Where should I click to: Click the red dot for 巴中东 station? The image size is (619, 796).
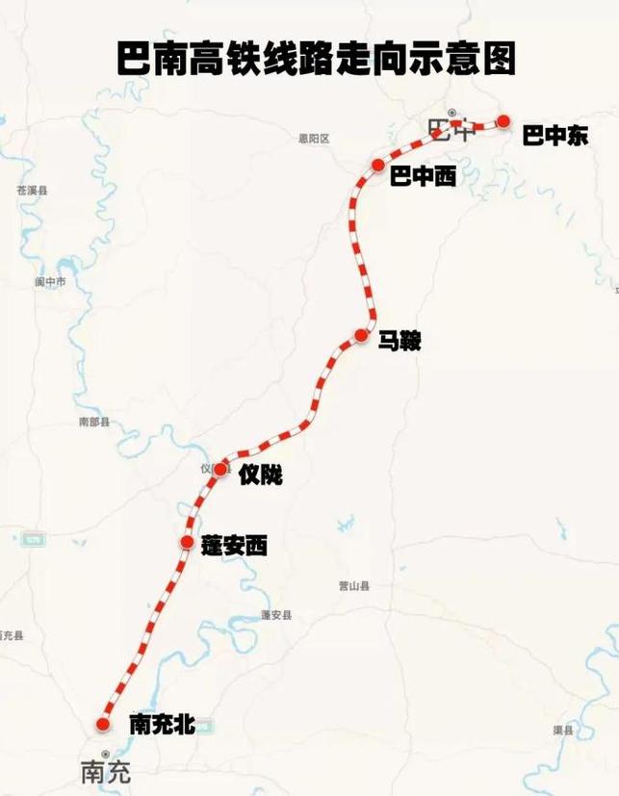[503, 121]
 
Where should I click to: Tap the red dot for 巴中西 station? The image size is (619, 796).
[378, 166]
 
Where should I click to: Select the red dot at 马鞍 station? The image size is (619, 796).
[361, 335]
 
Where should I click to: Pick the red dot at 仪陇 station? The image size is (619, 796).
[220, 470]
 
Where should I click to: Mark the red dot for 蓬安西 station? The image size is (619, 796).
[187, 543]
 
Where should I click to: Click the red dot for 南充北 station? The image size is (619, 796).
[104, 724]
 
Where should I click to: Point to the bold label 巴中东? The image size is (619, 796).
[555, 136]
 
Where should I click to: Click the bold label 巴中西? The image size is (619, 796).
[423, 177]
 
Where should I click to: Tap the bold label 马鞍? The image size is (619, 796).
[400, 341]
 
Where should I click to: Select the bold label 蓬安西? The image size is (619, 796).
[234, 546]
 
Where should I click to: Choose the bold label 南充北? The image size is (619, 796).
[163, 725]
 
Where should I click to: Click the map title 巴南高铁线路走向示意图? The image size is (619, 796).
[316, 59]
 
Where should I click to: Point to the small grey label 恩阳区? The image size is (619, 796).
[314, 139]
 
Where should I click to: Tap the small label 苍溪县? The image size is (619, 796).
[32, 191]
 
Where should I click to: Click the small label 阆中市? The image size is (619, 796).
[50, 282]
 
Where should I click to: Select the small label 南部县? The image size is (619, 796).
[94, 422]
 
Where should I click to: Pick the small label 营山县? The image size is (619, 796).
[354, 585]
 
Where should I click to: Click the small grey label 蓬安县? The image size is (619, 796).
[275, 615]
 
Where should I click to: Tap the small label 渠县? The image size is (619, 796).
[563, 731]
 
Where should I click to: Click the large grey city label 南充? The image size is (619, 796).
[105, 772]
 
